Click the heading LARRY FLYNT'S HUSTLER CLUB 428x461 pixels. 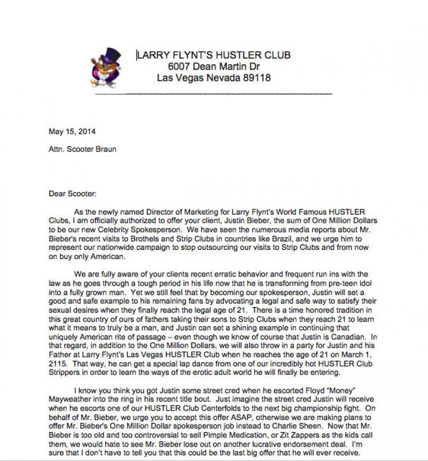tap(213, 56)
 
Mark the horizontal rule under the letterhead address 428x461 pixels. tap(214, 93)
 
